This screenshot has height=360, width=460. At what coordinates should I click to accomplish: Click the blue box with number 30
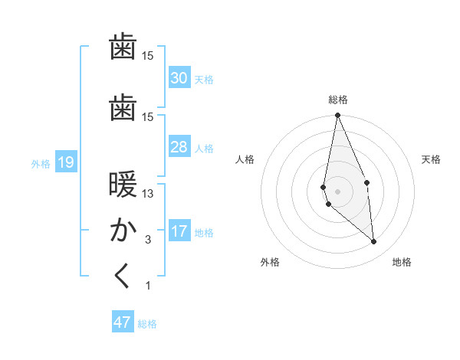tap(179, 77)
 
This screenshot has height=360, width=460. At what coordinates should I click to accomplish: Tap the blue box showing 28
tap(179, 146)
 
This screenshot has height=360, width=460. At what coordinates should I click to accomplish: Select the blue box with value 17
tap(179, 231)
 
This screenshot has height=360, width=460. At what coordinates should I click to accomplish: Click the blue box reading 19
tap(65, 162)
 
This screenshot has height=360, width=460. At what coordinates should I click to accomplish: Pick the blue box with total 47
tap(123, 322)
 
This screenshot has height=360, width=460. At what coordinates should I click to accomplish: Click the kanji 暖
tap(123, 186)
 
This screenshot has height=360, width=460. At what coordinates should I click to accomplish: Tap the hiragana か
tap(123, 231)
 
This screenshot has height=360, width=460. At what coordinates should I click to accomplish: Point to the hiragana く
tap(123, 276)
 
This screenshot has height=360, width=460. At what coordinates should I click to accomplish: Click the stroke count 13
tap(148, 194)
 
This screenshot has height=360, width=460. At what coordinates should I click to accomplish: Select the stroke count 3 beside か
tap(148, 240)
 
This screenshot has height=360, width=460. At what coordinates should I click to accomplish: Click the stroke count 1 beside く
tap(148, 286)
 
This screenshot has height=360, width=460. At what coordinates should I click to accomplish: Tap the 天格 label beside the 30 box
tap(204, 79)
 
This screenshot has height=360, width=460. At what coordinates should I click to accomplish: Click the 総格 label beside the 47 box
tap(147, 324)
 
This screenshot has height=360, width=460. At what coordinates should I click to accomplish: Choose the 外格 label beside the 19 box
tap(41, 163)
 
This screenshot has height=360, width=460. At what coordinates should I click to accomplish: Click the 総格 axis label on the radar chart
tap(337, 100)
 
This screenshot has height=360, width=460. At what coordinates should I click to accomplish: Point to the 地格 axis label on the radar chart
tap(402, 262)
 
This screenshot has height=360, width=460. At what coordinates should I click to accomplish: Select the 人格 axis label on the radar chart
tap(245, 159)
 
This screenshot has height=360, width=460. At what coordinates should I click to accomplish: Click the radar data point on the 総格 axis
tap(337, 116)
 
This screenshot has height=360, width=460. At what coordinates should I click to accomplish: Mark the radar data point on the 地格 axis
tap(374, 241)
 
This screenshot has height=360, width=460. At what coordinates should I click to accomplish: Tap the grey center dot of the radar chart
tap(337, 191)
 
